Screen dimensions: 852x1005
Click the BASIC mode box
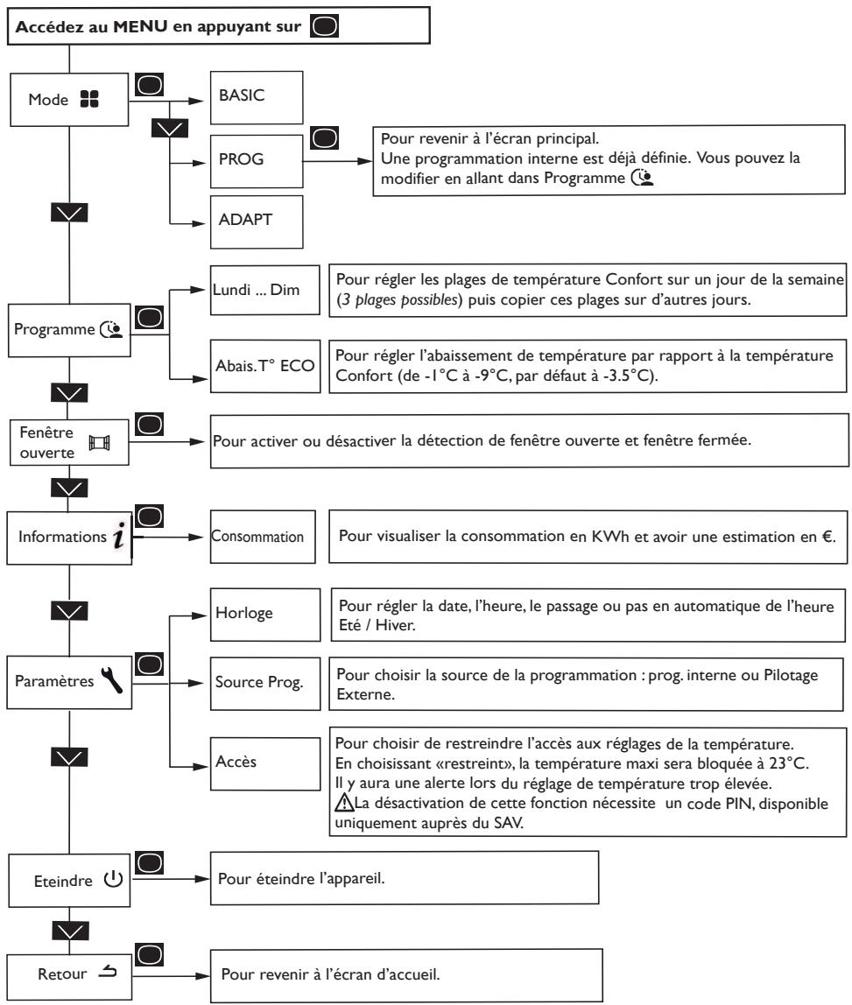coord(257,97)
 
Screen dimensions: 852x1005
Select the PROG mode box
coord(257,161)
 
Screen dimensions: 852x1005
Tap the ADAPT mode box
coord(257,221)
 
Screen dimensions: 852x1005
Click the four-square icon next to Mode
coord(89,99)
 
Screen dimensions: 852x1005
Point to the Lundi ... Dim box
coord(264,291)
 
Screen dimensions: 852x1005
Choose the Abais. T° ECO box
coord(264,366)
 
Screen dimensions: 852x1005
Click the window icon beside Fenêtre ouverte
coord(99,443)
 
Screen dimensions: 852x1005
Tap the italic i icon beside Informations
coord(119,536)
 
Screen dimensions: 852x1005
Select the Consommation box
coord(263,538)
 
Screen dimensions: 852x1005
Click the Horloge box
coord(264,615)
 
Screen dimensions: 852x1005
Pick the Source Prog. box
coord(264,683)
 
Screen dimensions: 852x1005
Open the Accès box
coord(264,764)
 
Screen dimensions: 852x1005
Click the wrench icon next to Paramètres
coord(111,680)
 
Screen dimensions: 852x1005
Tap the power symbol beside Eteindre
coord(114,879)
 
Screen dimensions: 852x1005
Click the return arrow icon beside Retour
coord(108,973)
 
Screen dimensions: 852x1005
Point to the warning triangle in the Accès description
coord(344,803)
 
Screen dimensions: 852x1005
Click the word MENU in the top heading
coord(140,26)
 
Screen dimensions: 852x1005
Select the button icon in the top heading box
coord(324,26)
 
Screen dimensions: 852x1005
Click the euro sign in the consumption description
coord(827,537)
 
